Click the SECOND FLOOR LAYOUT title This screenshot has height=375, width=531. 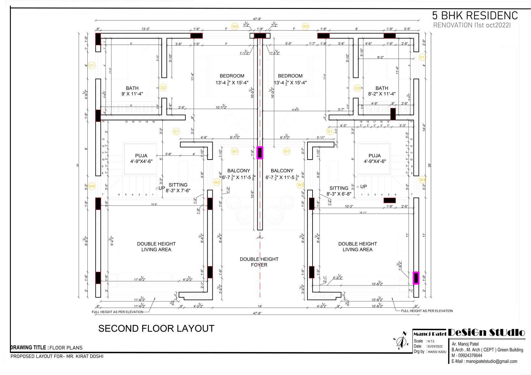tap(156, 328)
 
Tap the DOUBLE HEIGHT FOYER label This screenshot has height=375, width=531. tap(259, 262)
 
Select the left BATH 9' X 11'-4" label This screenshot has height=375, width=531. tap(132, 91)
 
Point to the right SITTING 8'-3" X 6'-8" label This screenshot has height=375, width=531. tap(339, 191)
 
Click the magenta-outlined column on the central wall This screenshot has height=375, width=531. tap(260, 153)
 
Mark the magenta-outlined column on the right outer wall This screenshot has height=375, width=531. tap(416, 278)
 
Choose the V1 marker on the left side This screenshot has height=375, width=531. tap(92, 65)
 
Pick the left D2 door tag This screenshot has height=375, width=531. tap(163, 88)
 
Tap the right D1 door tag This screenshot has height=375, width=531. tap(330, 131)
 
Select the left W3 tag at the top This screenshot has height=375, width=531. tap(235, 26)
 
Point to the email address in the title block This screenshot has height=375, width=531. tap(484, 361)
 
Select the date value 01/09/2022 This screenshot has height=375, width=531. tap(435, 346)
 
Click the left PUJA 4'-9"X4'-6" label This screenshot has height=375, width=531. tap(141, 158)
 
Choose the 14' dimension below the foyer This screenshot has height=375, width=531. tap(260, 306)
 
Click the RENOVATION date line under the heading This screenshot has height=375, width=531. tap(472, 25)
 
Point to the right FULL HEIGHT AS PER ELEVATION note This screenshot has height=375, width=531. tap(427, 311)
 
